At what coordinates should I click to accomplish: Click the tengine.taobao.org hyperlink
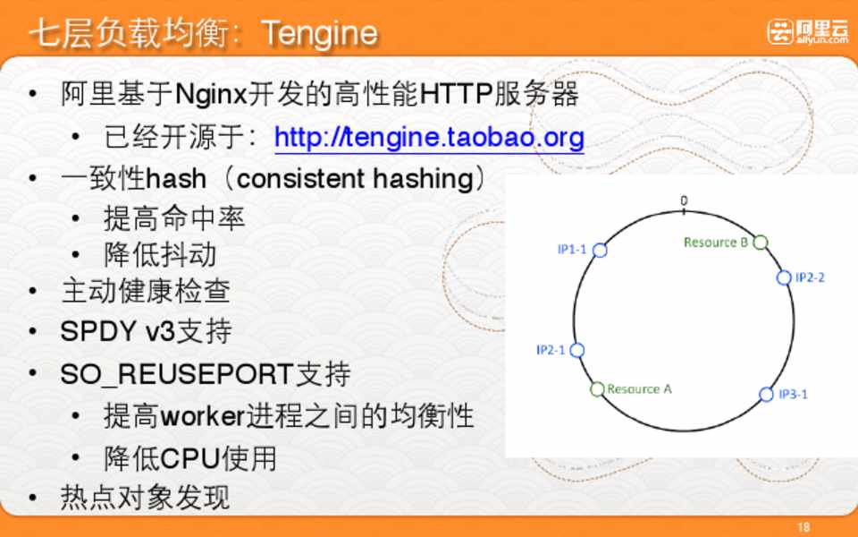[x=430, y=138]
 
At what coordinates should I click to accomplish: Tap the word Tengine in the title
[x=320, y=33]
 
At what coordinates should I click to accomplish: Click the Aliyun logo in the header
[x=807, y=31]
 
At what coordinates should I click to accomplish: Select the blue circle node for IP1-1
[x=600, y=251]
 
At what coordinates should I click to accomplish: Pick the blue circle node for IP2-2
[x=784, y=277]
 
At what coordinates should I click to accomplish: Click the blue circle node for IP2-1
[x=576, y=350]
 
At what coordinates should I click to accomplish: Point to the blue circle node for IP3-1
[x=766, y=394]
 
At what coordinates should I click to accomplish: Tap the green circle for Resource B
[x=760, y=243]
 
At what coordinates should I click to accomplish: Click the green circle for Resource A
[x=597, y=389]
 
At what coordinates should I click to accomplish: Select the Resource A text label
[x=639, y=389]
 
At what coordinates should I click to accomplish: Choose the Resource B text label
[x=716, y=243]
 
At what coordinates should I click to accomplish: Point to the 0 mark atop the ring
[x=684, y=201]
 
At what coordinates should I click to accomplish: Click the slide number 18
[x=803, y=527]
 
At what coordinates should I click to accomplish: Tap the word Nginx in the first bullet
[x=211, y=94]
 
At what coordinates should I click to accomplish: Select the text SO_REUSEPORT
[x=177, y=375]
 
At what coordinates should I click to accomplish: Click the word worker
[x=202, y=416]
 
